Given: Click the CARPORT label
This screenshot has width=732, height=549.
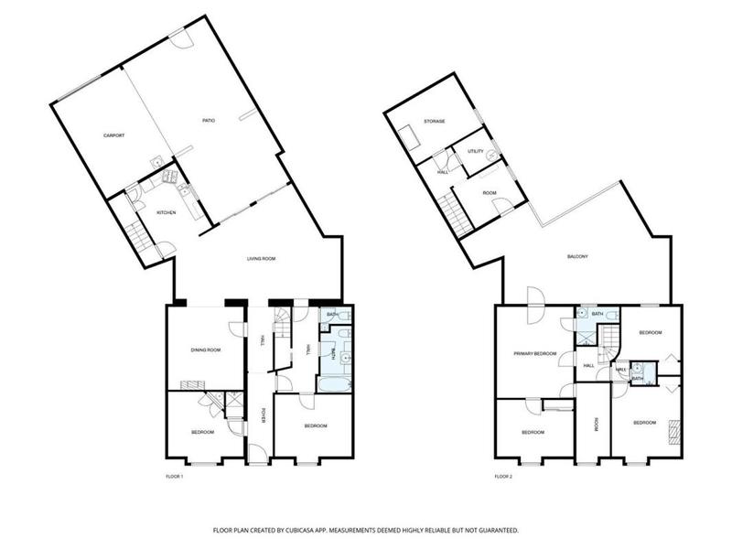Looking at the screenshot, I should click(x=113, y=135).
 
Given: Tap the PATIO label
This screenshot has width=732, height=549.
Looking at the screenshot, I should click(x=208, y=120).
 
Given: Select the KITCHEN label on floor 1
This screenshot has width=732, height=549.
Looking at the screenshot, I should click(x=166, y=212).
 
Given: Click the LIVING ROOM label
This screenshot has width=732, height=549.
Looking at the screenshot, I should click(x=261, y=259).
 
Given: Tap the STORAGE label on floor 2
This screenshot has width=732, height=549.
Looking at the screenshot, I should click(x=434, y=121).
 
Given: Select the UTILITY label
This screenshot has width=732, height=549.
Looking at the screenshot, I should click(x=475, y=151).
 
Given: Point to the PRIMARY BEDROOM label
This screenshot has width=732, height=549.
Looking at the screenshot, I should click(x=535, y=352).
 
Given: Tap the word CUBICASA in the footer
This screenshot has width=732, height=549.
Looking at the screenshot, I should click(x=314, y=530).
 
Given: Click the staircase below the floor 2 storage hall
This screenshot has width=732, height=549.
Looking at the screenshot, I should click(x=452, y=213).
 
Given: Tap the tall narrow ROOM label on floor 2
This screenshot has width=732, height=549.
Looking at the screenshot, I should click(x=596, y=424).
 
